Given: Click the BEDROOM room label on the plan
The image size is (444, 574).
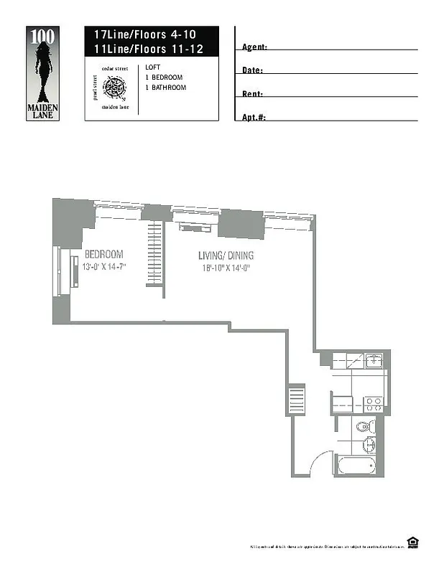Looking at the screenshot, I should tap(103, 254).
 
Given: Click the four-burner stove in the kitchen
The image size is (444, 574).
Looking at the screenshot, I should tap(372, 404).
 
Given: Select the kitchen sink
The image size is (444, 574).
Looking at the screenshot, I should tap(373, 361).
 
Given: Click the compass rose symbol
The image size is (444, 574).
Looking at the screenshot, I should tap(114, 88).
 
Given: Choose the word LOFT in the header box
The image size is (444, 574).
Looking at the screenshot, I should tap(152, 67).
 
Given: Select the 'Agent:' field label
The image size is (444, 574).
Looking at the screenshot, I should tap(254, 47).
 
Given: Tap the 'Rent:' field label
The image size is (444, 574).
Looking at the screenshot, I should tap(252, 94).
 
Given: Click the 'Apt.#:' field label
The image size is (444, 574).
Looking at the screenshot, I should tap(254, 117).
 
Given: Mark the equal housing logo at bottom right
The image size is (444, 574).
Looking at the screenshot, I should tap(412, 543).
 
